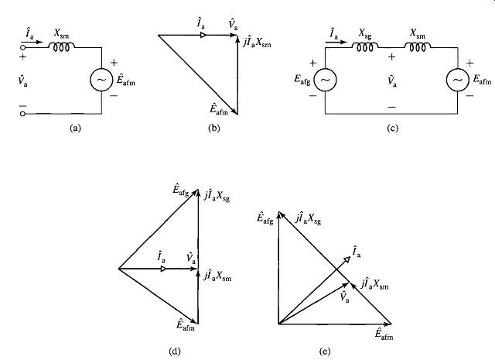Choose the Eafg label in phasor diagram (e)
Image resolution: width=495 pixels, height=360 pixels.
(x=265, y=218)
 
